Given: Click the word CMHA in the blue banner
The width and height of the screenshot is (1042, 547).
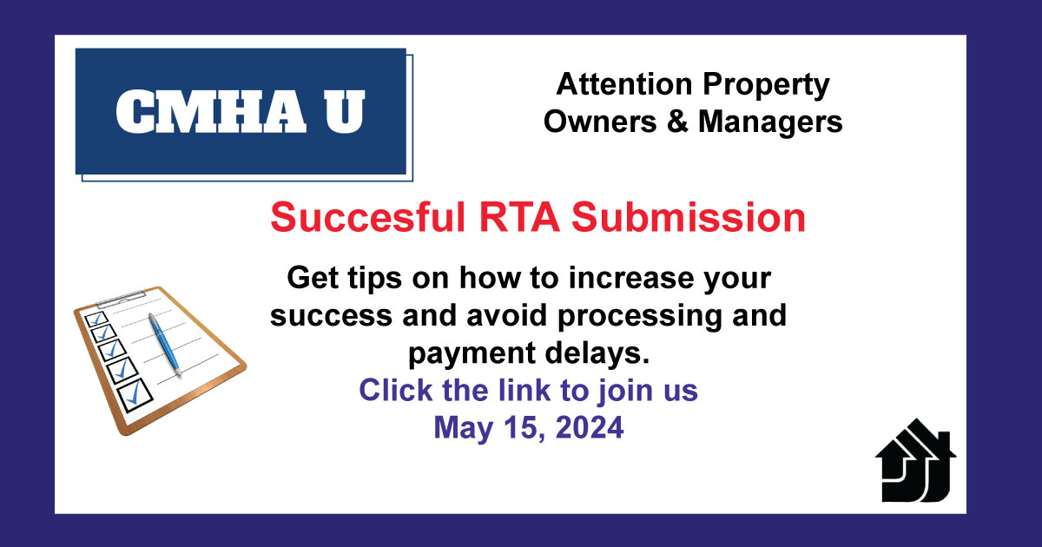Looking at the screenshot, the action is point(211,112).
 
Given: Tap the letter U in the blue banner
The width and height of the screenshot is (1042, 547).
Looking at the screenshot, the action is point(345,112).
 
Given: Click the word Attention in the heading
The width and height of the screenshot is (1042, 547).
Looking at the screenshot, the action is point(624,84).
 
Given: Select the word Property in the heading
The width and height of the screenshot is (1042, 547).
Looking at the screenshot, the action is point(766,86).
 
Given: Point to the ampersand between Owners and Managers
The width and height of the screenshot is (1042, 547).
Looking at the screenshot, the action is point(677,122).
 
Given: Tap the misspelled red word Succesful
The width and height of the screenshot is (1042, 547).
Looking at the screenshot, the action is point(368,217).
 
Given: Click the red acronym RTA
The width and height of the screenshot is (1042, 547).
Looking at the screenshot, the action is point(519,217).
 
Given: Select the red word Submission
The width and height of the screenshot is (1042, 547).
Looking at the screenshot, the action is point(689,217).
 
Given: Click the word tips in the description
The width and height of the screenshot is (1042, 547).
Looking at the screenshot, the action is point(374,279).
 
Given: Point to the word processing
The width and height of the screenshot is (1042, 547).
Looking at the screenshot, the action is point(640,316).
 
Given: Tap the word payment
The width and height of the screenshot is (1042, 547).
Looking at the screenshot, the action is point(472,354).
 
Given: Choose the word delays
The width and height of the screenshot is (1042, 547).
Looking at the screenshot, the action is point(597,353).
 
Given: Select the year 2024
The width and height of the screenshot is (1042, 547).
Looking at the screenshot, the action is point(590,427).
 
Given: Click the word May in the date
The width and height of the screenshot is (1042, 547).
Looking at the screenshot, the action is point(464,429).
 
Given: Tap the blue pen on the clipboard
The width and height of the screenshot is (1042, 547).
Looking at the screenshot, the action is point(165,344).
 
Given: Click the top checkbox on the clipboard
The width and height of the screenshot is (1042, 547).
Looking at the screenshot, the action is point(96,320).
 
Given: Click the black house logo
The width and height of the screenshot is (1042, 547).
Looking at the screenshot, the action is point(915,460).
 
